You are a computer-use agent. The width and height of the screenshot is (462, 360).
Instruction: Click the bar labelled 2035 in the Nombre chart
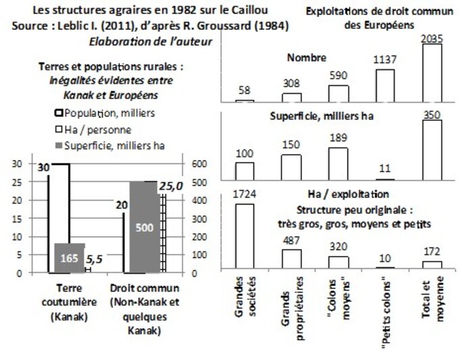[x=432, y=72]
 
